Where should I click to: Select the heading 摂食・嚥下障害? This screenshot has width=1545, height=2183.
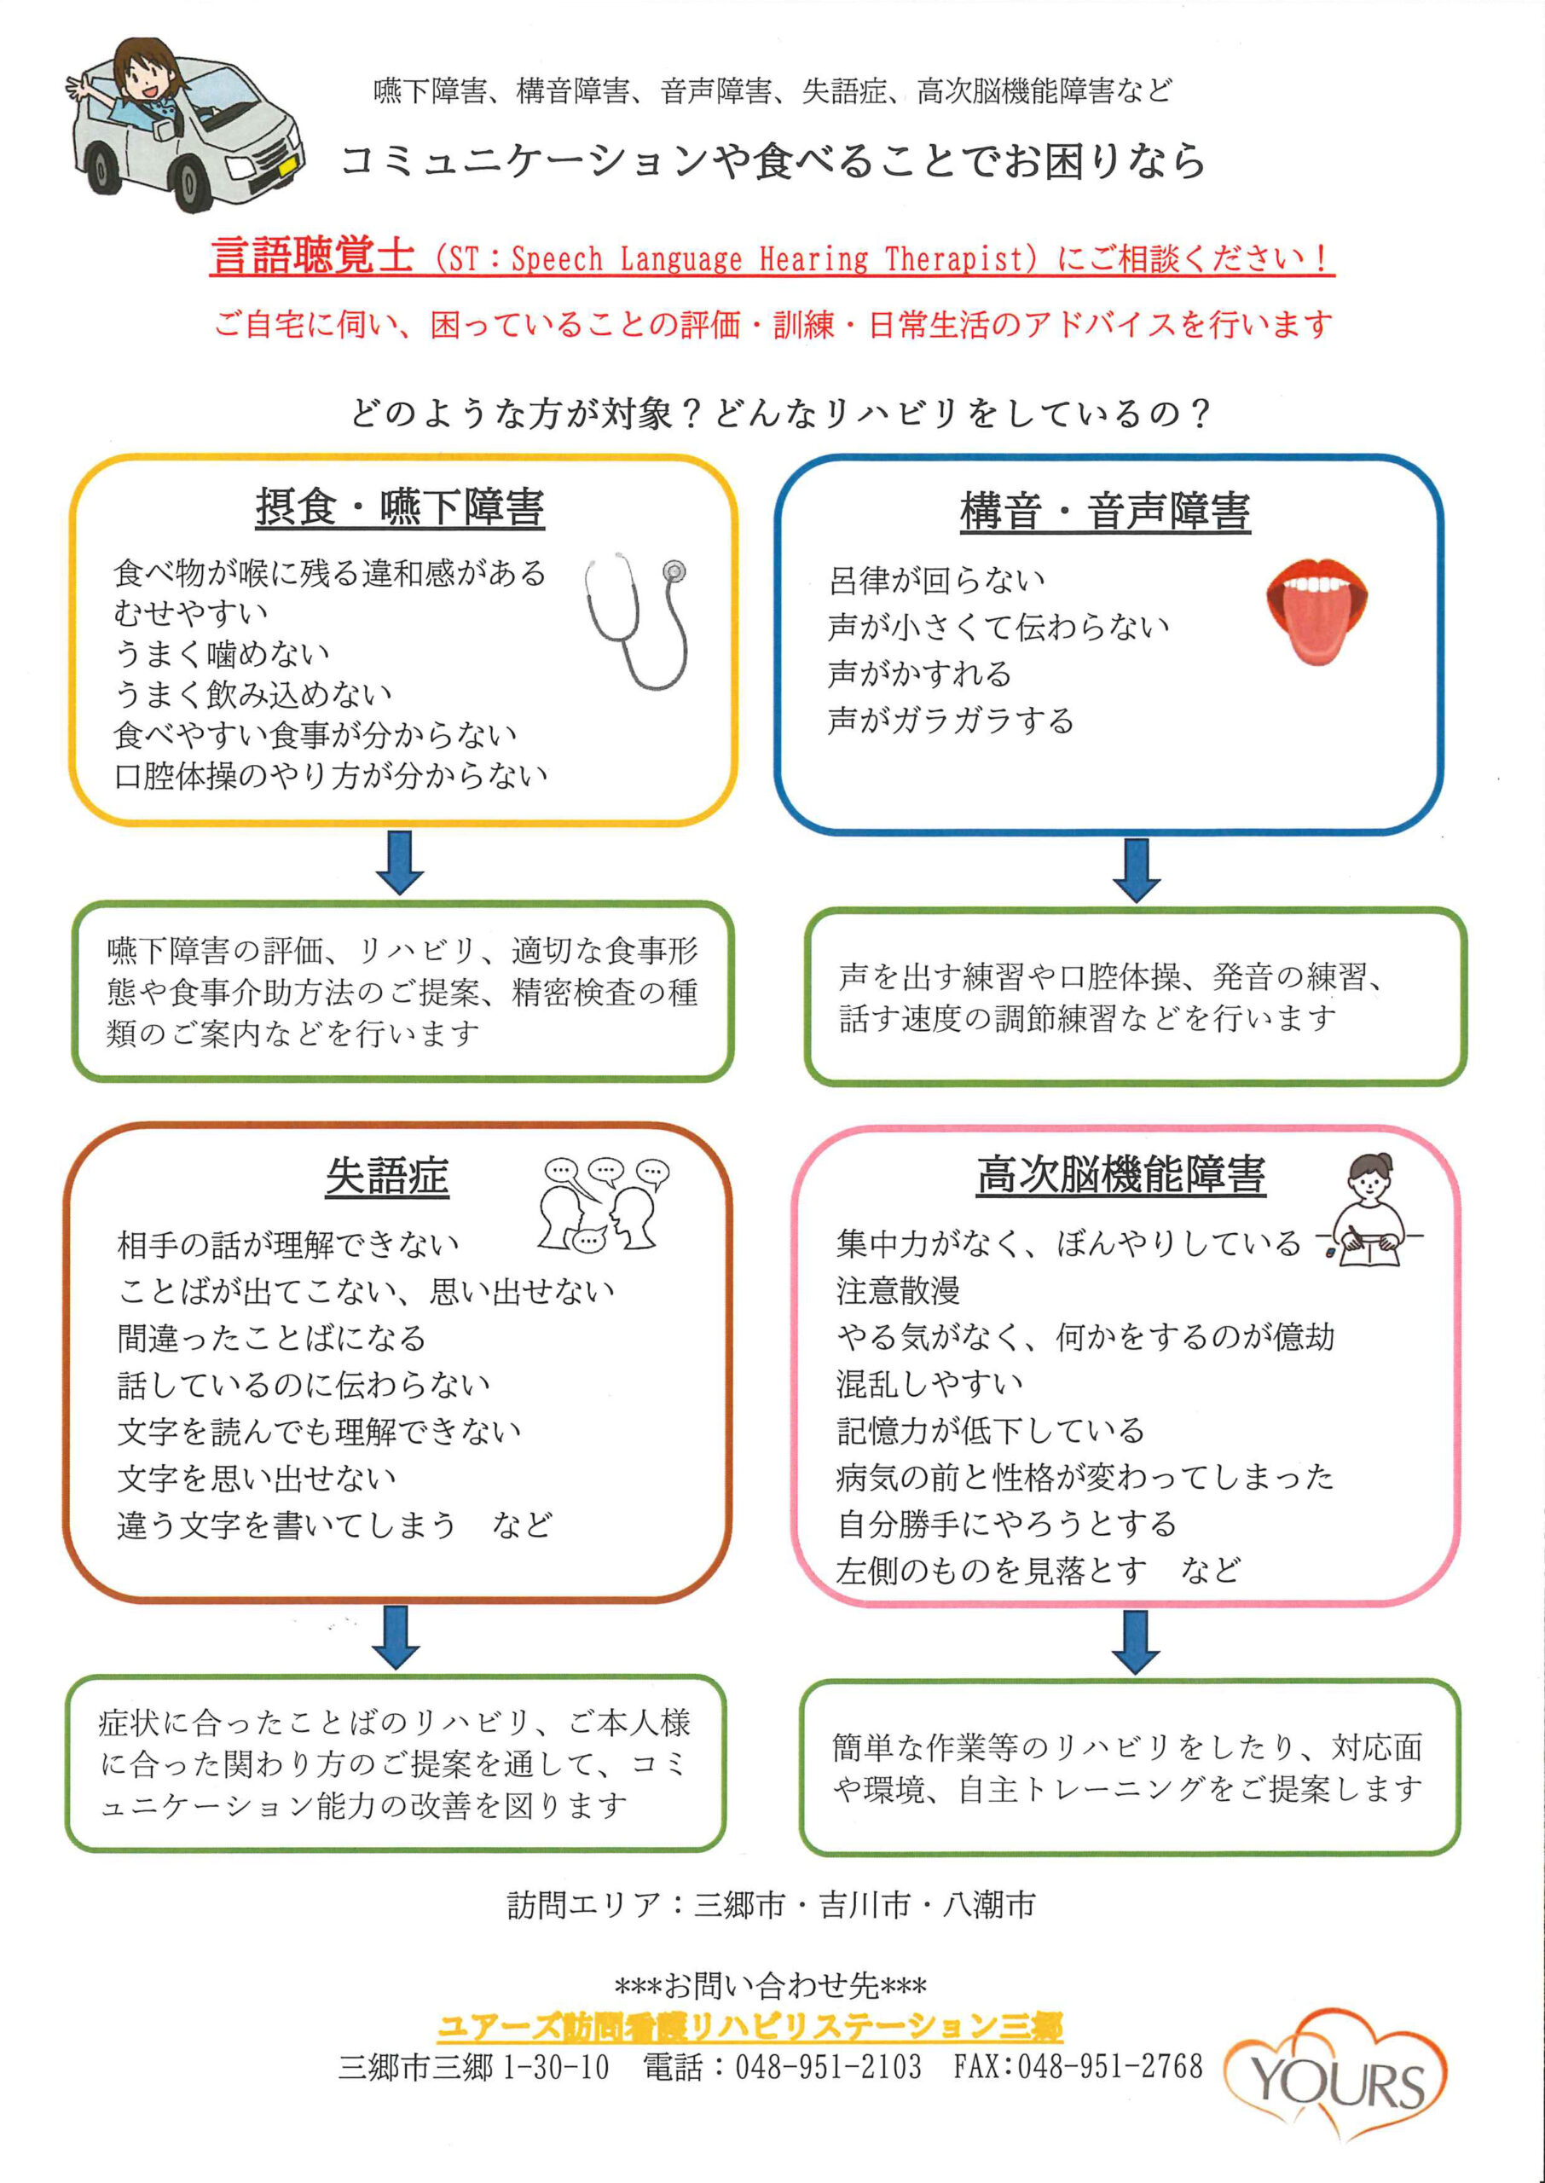400,507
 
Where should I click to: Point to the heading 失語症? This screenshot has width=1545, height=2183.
387,1177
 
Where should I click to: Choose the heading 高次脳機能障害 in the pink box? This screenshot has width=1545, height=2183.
1120,1175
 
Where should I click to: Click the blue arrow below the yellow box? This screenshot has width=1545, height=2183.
400,862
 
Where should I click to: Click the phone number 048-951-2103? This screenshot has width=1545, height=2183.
828,2066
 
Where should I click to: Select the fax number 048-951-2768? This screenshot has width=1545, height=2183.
1110,2066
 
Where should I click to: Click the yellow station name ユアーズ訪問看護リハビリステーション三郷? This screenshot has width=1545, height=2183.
749,2027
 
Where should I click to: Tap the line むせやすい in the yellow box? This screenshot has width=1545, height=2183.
190,612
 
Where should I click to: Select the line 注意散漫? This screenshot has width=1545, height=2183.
898,1291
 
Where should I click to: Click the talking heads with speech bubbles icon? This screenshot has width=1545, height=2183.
603,1203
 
